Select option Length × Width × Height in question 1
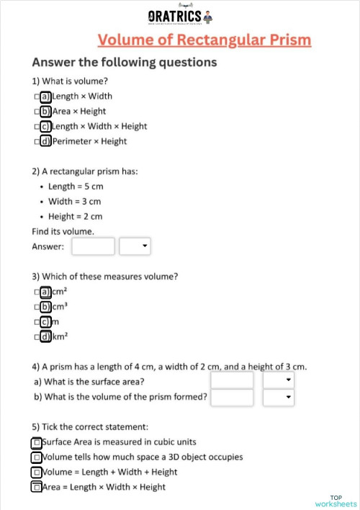(x=45, y=126)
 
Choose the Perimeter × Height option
(x=45, y=141)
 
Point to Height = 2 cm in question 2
(x=75, y=216)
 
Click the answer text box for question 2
(x=94, y=246)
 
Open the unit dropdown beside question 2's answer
(x=135, y=246)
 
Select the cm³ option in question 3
(x=45, y=307)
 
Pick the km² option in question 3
(x=45, y=336)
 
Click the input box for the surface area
(x=232, y=380)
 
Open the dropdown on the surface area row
(x=279, y=380)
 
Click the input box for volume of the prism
(x=232, y=397)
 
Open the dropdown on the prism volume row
(x=279, y=397)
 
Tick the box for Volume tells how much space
(x=37, y=457)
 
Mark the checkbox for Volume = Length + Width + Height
(x=37, y=472)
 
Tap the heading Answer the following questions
(x=124, y=62)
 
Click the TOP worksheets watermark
(x=336, y=501)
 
